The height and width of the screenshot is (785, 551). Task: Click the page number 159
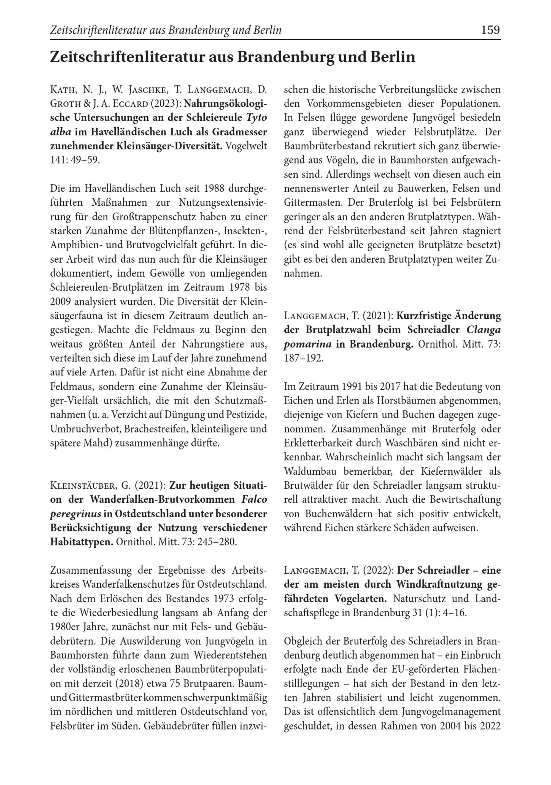click(490, 30)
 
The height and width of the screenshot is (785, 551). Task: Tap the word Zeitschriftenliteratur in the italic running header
click(98, 30)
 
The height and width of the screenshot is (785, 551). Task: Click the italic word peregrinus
click(75, 514)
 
